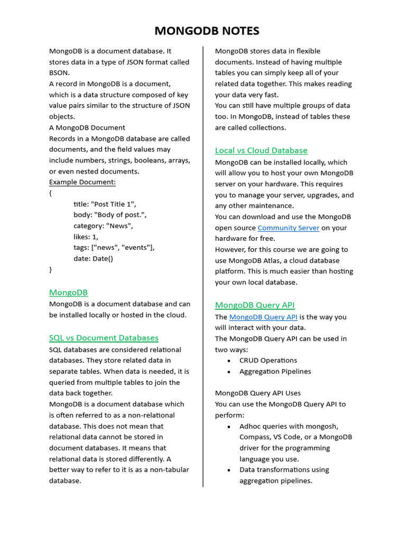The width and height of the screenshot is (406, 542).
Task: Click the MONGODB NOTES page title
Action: pyautogui.click(x=207, y=31)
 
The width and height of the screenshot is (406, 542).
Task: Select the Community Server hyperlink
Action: pyautogui.click(x=288, y=228)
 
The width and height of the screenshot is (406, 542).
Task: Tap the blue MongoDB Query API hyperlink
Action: pyautogui.click(x=263, y=317)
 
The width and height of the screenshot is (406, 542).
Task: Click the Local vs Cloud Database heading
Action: pyautogui.click(x=261, y=150)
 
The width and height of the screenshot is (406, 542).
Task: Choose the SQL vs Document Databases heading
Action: pyautogui.click(x=104, y=338)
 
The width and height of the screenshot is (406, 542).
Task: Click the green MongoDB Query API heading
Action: pyautogui.click(x=255, y=305)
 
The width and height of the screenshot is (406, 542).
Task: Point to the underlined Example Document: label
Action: pyautogui.click(x=82, y=182)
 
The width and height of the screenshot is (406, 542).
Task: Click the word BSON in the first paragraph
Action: pyautogui.click(x=59, y=73)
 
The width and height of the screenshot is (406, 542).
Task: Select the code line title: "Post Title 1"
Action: pyautogui.click(x=105, y=204)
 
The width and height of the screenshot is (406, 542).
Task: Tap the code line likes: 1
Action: pyautogui.click(x=86, y=237)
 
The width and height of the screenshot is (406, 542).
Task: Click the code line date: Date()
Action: pyautogui.click(x=93, y=258)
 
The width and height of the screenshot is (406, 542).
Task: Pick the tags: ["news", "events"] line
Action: pyautogui.click(x=114, y=247)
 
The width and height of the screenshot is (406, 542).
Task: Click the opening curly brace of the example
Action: pyautogui.click(x=51, y=193)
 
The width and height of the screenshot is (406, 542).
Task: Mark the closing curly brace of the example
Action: pyautogui.click(x=51, y=269)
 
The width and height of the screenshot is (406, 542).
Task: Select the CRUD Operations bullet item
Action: pyautogui.click(x=268, y=360)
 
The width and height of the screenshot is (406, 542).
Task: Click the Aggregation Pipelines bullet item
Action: pyautogui.click(x=275, y=372)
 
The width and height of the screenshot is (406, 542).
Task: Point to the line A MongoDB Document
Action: pyautogui.click(x=87, y=128)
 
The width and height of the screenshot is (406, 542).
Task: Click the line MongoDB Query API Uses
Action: pyautogui.click(x=257, y=393)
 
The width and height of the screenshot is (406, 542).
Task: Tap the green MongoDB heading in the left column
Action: pyautogui.click(x=68, y=292)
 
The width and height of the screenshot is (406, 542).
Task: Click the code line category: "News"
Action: pyautogui.click(x=103, y=225)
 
